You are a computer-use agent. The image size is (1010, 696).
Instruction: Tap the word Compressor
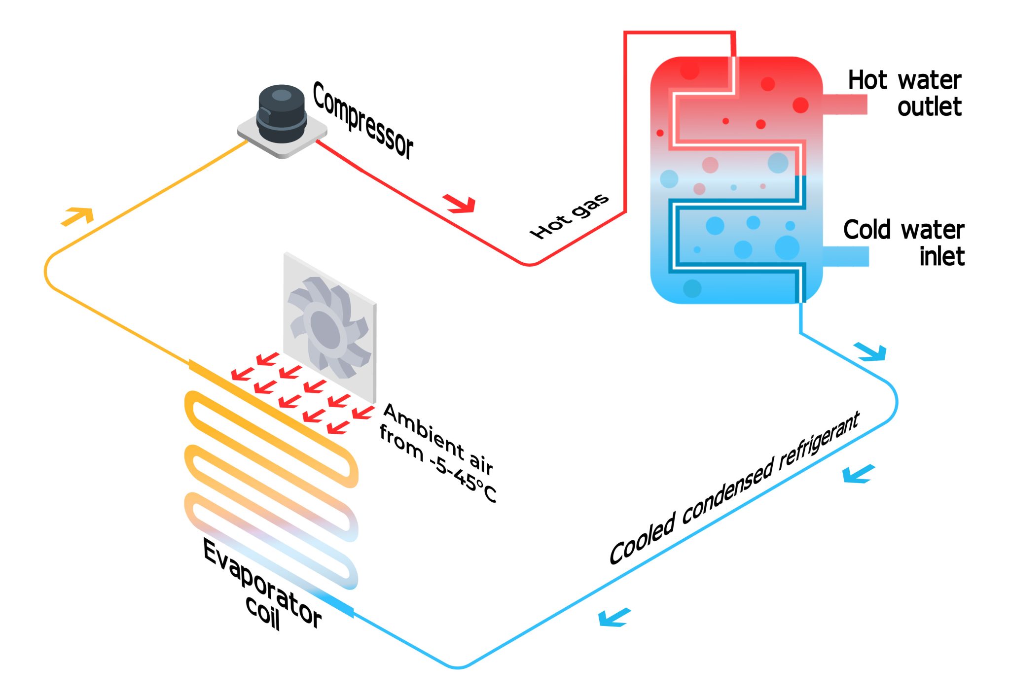pyautogui.click(x=362, y=120)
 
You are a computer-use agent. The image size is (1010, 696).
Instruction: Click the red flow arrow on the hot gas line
pyautogui.click(x=460, y=203)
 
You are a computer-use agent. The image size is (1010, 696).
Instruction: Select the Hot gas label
pyautogui.click(x=569, y=216)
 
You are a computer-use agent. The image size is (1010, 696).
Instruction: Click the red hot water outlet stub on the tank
pyautogui.click(x=845, y=104)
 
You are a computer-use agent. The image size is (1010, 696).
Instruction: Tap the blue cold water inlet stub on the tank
pyautogui.click(x=845, y=256)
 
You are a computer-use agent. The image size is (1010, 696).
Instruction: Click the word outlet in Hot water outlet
pyautogui.click(x=929, y=107)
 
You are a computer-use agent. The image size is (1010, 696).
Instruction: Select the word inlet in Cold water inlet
pyautogui.click(x=941, y=257)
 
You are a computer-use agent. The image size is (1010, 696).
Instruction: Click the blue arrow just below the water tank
pyautogui.click(x=872, y=351)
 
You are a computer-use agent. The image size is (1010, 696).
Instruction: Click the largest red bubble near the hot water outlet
pyautogui.click(x=800, y=105)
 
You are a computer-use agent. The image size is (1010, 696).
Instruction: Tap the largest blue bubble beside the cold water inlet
pyautogui.click(x=787, y=247)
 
